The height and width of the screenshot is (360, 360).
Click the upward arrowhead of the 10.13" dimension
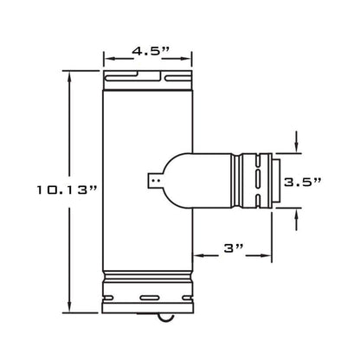[x=70, y=74]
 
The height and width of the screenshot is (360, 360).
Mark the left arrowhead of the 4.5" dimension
[x=107, y=61]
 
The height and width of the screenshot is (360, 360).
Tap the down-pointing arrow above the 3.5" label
[x=297, y=144]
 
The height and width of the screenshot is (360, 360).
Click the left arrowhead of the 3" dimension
[x=197, y=255]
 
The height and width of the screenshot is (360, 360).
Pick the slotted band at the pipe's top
[x=146, y=80]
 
